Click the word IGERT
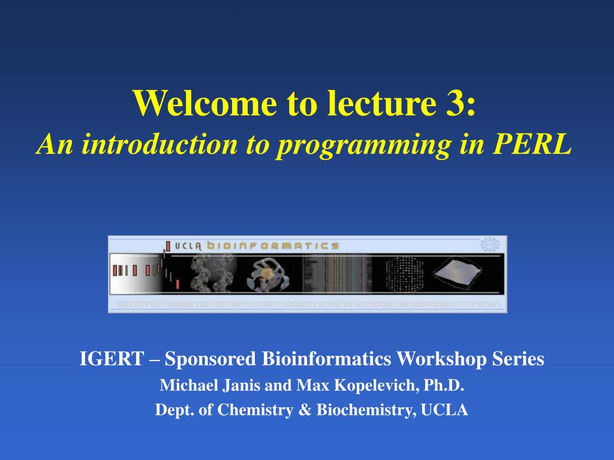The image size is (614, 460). pos(112,359)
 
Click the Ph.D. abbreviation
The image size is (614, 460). pos(444,386)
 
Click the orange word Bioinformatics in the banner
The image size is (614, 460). pos(273,246)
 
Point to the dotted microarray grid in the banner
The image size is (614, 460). pos(402,273)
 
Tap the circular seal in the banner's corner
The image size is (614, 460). pos(490,244)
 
